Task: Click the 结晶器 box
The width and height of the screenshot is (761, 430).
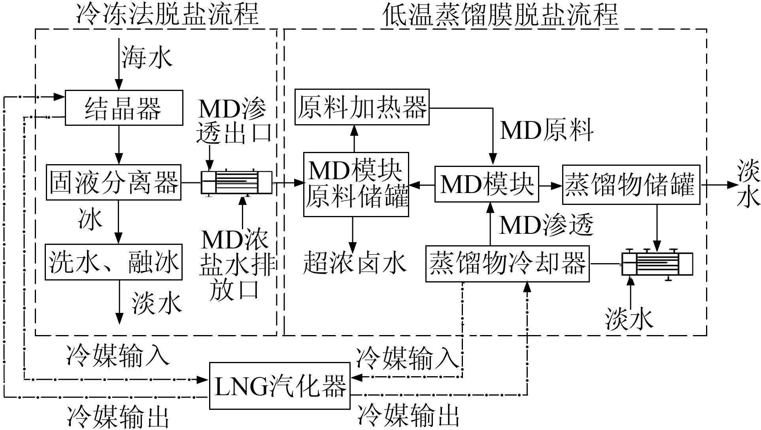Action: tap(124, 108)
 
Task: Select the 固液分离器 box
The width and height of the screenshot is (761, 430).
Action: tap(114, 182)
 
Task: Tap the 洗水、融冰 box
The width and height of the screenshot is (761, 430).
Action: tap(114, 262)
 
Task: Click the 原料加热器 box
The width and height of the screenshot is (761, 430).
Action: tap(362, 107)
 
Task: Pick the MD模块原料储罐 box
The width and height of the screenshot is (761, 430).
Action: tap(356, 184)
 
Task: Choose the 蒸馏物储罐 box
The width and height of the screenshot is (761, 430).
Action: tap(631, 185)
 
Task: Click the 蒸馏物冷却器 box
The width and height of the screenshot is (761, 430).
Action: tap(507, 264)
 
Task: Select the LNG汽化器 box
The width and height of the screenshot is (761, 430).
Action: tap(279, 386)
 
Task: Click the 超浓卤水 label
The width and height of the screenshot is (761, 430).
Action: tap(355, 263)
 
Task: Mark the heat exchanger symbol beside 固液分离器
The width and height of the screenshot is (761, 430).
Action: tap(236, 182)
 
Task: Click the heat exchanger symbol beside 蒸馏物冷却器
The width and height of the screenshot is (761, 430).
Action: tap(657, 264)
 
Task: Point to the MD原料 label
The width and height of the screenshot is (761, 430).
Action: tap(546, 131)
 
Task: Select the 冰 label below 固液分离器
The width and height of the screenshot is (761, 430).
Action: tap(90, 220)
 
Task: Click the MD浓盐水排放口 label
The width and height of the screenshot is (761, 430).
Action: tap(236, 264)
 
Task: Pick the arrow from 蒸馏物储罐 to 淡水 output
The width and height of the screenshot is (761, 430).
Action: tap(718, 185)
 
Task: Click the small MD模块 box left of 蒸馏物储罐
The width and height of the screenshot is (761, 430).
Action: tap(487, 184)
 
